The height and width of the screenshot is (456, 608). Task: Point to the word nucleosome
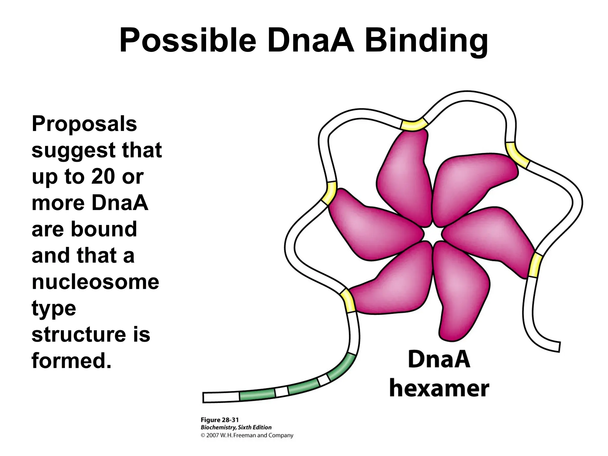pyautogui.click(x=95, y=282)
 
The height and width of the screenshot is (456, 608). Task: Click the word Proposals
pyautogui.click(x=84, y=124)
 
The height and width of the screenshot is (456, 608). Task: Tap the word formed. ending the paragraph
pyautogui.click(x=72, y=361)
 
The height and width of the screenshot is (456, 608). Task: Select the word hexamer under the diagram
pyautogui.click(x=439, y=389)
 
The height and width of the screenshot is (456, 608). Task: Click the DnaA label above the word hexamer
pyautogui.click(x=439, y=360)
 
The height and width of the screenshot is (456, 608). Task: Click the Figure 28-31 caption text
pyautogui.click(x=220, y=420)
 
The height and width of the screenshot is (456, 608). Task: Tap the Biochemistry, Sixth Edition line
pyautogui.click(x=236, y=427)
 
